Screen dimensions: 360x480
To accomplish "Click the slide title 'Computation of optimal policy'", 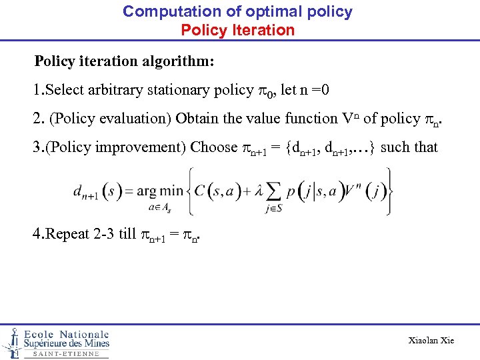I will (x=237, y=11).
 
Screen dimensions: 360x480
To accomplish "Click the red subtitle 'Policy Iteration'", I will (x=237, y=30).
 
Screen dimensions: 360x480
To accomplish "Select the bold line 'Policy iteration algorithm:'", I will (x=124, y=61).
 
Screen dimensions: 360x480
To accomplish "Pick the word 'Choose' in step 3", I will (x=214, y=147).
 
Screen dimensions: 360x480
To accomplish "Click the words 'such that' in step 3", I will (x=409, y=147).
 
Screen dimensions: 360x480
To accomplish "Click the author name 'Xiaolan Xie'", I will (x=431, y=341).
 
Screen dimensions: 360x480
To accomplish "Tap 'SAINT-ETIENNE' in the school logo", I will (x=66, y=354).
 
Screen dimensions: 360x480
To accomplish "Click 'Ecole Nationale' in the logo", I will (x=67, y=334).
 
